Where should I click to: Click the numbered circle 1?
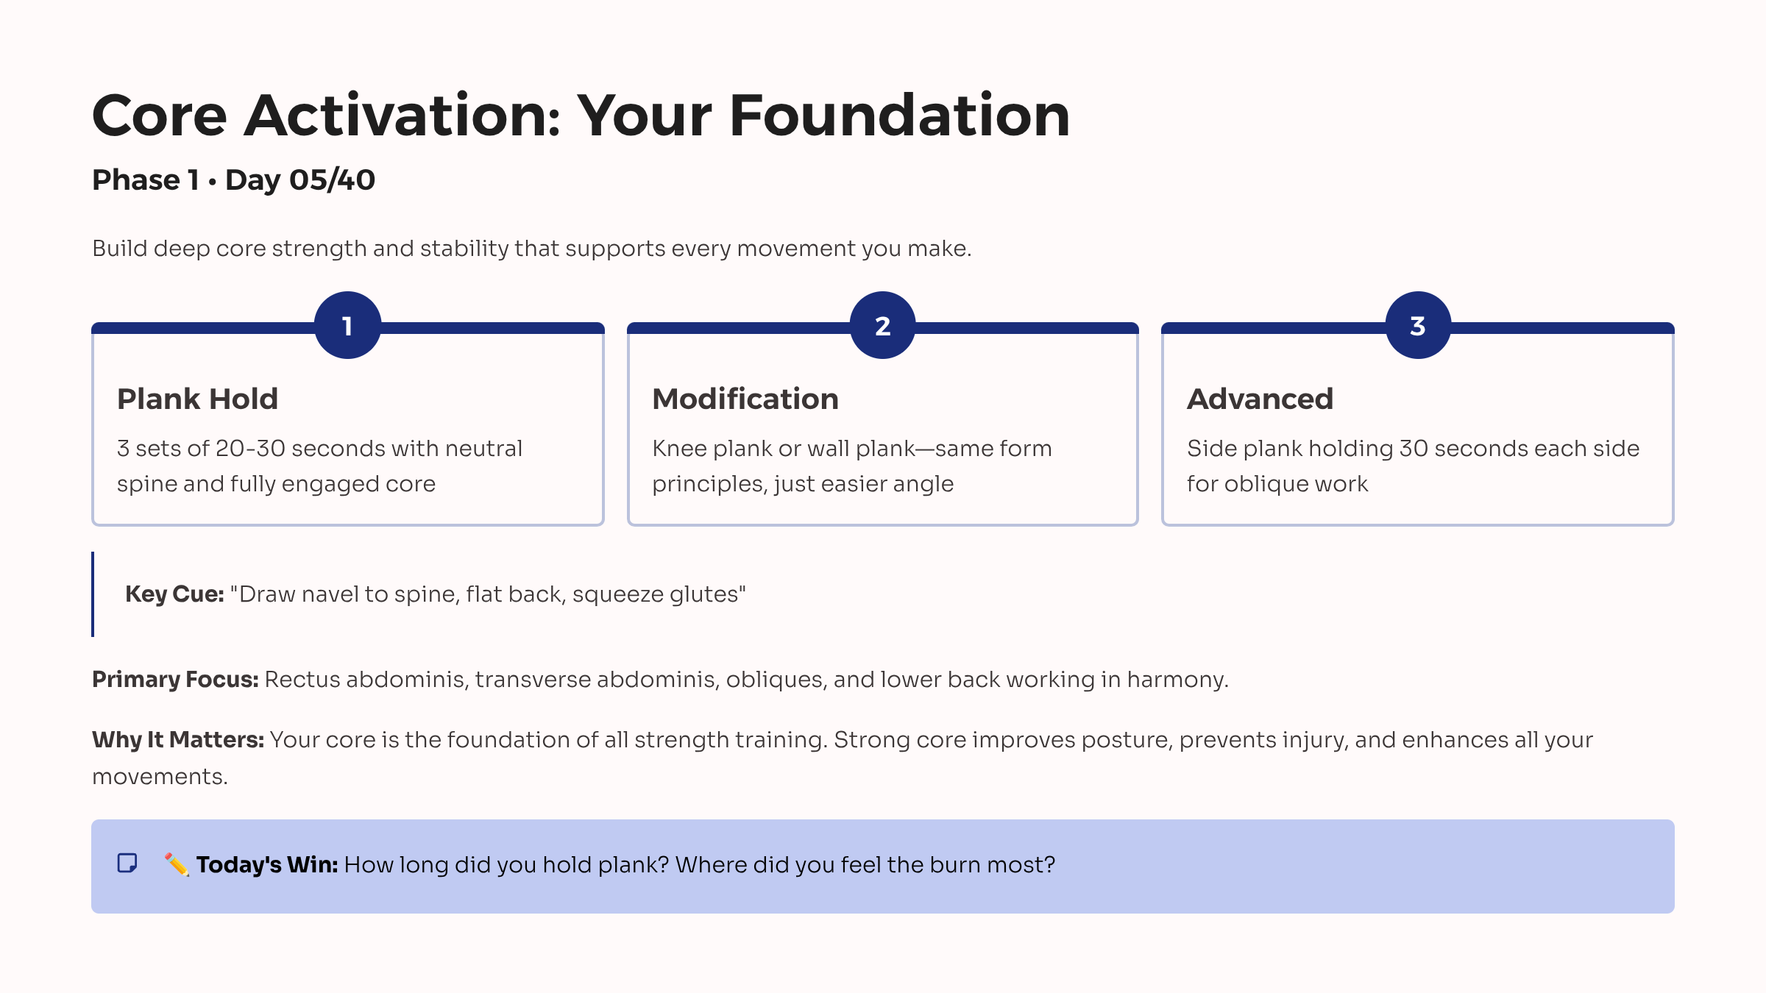point(347,325)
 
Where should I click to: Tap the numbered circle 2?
point(882,325)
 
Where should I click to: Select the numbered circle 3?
point(1417,325)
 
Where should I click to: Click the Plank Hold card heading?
point(197,399)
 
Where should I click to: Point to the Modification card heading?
point(745,399)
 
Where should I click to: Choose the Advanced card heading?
point(1260,399)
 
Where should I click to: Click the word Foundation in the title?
point(899,115)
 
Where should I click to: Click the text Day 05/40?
point(300,179)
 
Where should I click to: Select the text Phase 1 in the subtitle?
point(145,179)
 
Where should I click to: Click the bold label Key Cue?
point(174,594)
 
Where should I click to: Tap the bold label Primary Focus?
point(174,679)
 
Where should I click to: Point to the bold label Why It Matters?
point(177,739)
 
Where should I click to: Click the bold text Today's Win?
point(266,864)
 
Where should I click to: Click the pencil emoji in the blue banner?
point(177,864)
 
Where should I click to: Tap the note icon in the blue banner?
point(127,863)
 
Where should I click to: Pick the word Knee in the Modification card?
point(679,448)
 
